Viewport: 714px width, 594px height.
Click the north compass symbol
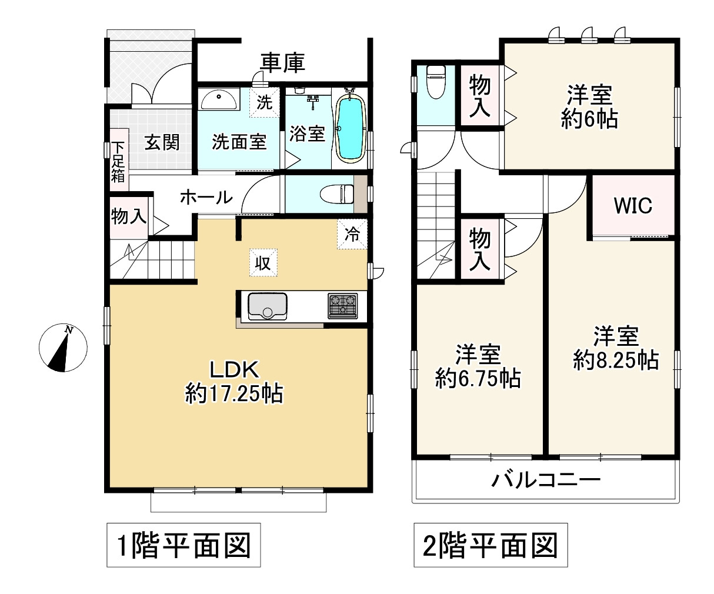63,348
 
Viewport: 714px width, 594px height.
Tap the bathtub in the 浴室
351,125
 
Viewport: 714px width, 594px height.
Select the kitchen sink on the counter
268,306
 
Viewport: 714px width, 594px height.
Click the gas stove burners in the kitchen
343,306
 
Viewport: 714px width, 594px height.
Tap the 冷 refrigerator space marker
352,235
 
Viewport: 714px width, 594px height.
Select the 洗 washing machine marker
265,102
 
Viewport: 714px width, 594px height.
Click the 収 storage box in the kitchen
263,263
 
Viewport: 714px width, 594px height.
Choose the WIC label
633,206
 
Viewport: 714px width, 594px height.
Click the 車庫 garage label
283,63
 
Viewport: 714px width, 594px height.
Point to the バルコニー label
546,480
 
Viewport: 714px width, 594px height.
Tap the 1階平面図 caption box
183,545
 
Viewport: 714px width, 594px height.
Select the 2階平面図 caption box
491,545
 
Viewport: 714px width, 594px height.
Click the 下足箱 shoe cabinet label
119,161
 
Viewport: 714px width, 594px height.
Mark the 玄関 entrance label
162,142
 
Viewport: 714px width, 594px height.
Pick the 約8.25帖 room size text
616,359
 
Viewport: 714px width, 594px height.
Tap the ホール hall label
206,197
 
